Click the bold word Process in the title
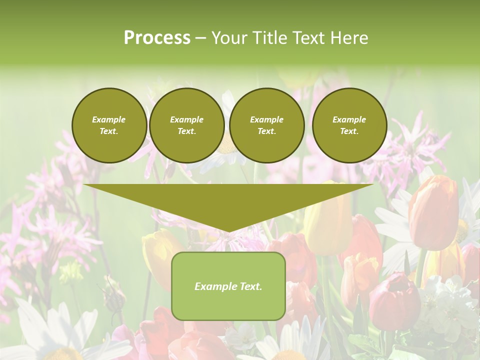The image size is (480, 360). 157,38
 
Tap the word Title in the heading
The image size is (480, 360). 268,38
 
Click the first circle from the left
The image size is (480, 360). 109,125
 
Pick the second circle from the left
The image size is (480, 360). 186,125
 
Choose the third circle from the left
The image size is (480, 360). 266,125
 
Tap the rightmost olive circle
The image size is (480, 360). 349,125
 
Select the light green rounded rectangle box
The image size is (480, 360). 228,305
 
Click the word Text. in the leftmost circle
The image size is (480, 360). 109,131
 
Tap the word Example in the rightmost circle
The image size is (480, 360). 349,119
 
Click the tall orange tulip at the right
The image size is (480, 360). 433,212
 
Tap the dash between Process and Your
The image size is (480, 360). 200,38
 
